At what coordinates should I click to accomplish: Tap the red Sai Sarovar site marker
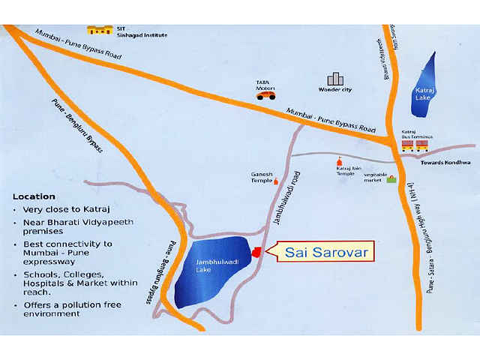pyautogui.click(x=256, y=252)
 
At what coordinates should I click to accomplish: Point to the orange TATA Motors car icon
pyautogui.click(x=265, y=94)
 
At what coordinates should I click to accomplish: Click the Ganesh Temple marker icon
pyautogui.click(x=274, y=180)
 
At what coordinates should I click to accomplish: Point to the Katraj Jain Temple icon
pyautogui.click(x=338, y=161)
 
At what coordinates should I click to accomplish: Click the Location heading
pyautogui.click(x=34, y=196)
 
